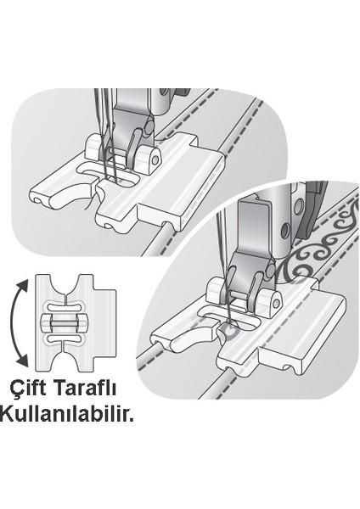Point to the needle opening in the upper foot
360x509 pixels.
coord(119,179)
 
